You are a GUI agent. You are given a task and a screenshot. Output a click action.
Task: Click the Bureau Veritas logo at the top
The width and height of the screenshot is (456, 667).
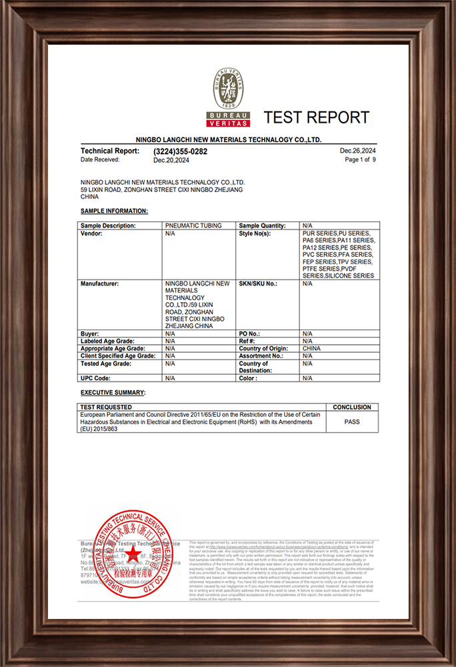tap(228, 97)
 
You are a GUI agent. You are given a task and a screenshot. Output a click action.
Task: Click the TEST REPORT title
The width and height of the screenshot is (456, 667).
tap(316, 118)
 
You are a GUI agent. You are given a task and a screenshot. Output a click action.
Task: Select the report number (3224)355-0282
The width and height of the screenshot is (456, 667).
tap(180, 151)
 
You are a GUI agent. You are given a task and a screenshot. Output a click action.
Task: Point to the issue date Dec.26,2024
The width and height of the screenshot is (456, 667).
tap(358, 151)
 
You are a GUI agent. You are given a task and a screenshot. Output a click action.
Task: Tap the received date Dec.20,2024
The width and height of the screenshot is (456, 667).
tap(171, 160)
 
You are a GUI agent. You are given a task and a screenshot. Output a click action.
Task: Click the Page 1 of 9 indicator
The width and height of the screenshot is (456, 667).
tap(360, 160)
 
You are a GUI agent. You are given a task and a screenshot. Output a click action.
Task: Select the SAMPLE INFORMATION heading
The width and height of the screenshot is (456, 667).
tap(114, 211)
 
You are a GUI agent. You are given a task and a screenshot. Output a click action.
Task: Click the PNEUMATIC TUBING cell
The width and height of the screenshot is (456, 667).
tap(193, 226)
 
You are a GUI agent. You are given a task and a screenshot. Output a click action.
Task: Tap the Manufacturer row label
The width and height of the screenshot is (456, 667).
tap(99, 283)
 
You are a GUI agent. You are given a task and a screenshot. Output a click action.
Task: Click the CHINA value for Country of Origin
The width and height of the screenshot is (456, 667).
tap(311, 348)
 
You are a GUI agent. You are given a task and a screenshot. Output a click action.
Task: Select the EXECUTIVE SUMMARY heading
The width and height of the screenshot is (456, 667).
tap(113, 393)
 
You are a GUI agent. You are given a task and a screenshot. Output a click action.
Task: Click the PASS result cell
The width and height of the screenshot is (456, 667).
tap(352, 422)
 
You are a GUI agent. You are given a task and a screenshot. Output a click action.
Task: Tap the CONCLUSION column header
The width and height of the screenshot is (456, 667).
tap(352, 407)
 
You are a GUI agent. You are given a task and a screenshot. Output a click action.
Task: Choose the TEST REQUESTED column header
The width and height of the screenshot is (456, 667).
tap(106, 407)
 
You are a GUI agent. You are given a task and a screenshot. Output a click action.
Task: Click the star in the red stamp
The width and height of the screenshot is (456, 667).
tap(131, 553)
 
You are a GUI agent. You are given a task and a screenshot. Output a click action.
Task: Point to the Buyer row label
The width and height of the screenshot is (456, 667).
tap(90, 333)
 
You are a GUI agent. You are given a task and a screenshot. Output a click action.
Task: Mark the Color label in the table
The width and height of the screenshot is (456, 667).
tap(248, 378)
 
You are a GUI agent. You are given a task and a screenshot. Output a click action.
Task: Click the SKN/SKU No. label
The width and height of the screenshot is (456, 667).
tap(257, 283)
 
